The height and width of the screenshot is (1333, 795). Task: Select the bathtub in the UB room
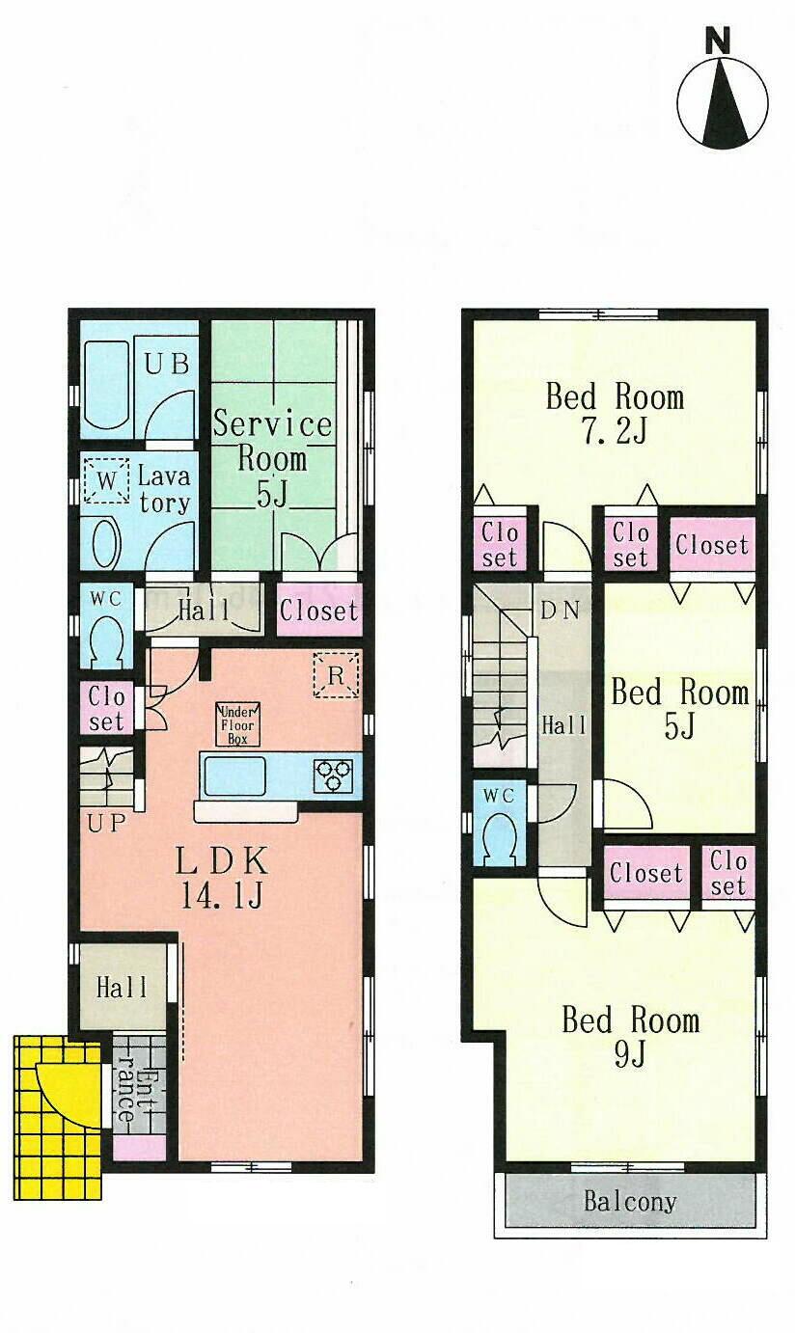click(106, 385)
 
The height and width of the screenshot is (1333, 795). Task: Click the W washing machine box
click(106, 479)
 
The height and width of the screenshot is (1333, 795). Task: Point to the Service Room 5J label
click(272, 457)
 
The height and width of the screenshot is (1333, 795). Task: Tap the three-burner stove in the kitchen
click(333, 775)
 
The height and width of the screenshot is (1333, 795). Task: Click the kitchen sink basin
click(234, 775)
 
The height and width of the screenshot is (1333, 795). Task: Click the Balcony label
click(630, 1202)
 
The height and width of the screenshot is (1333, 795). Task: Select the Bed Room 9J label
click(630, 1036)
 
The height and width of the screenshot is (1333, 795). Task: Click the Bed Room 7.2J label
click(615, 412)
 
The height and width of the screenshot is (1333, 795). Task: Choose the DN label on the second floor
click(561, 610)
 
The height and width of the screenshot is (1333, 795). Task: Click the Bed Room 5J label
click(679, 708)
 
